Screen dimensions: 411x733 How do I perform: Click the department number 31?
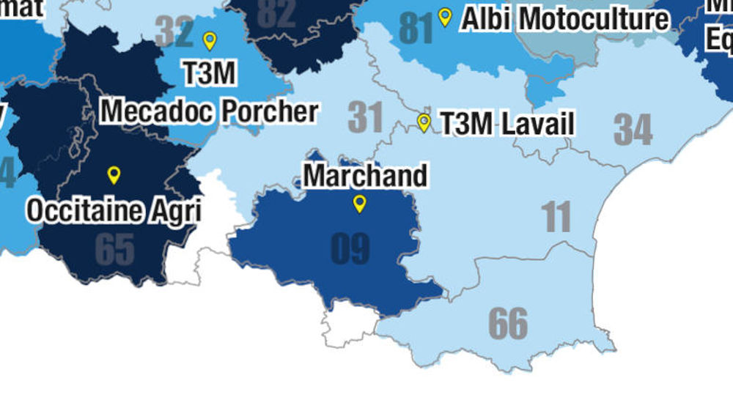pos(365,117)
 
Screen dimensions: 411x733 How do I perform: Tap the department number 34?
pos(633,130)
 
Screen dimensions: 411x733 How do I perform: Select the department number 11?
pos(556,217)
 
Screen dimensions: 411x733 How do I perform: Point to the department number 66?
pos(508,324)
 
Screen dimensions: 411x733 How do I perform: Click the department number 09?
pos(350,249)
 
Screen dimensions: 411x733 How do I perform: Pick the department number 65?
pos(115,250)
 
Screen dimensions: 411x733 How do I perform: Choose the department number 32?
pos(174,32)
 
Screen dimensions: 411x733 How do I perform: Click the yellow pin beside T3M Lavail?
pos(423,122)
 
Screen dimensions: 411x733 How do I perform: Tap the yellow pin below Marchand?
pos(359,203)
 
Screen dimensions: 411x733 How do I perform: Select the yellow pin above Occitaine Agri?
pos(114,174)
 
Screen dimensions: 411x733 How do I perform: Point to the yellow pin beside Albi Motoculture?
pos(444,16)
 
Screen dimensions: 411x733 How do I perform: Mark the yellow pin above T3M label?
pos(210,40)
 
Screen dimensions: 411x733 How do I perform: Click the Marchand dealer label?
pos(365,176)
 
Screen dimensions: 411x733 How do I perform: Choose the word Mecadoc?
pos(157,111)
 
